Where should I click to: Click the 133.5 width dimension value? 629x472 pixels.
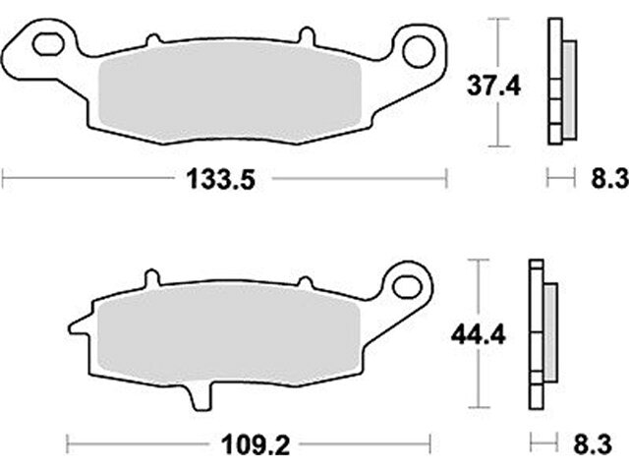[x=221, y=179]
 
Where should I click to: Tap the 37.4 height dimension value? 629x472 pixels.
[x=493, y=87]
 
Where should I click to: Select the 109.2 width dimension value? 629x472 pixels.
[x=256, y=445]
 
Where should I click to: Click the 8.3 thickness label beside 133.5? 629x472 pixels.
[x=609, y=179]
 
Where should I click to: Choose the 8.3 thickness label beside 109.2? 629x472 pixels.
[x=592, y=444]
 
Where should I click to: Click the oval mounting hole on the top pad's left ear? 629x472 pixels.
[x=49, y=44]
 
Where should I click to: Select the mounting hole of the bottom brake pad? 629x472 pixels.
[x=408, y=287]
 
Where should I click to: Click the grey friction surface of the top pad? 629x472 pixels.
[x=230, y=94]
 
